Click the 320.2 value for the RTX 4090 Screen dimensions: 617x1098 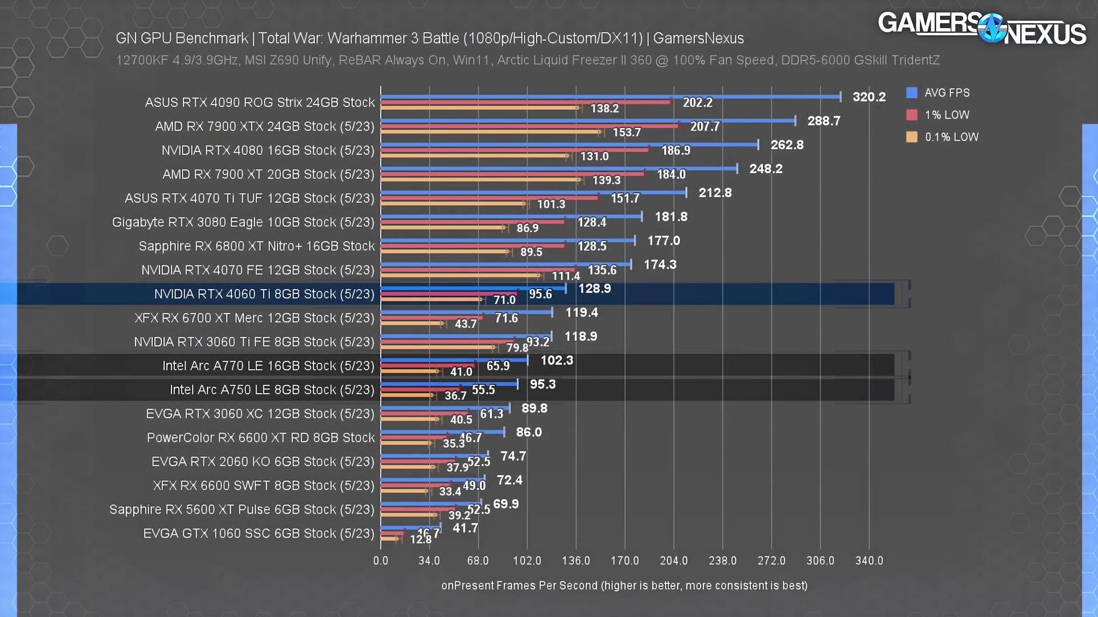point(869,97)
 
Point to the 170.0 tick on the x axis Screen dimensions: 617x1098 point(624,561)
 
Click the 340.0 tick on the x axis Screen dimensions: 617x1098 point(869,561)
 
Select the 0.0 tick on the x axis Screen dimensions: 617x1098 point(380,561)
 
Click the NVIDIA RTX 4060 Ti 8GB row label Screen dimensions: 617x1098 point(264,294)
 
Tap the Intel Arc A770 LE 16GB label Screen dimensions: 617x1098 point(268,366)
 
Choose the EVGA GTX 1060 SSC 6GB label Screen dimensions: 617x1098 point(258,534)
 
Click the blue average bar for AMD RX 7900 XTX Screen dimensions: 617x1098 point(588,121)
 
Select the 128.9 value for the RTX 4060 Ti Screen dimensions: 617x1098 point(594,289)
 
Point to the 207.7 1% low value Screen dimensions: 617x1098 point(705,126)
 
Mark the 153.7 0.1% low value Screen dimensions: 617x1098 point(627,133)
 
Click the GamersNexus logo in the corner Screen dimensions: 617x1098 point(981,27)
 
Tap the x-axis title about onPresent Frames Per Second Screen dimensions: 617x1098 point(624,586)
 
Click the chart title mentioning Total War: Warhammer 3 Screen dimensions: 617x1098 point(429,38)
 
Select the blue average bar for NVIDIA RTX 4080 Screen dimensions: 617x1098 point(569,145)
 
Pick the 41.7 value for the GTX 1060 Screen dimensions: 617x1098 point(465,528)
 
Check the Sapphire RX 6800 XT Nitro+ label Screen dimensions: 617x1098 point(257,246)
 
